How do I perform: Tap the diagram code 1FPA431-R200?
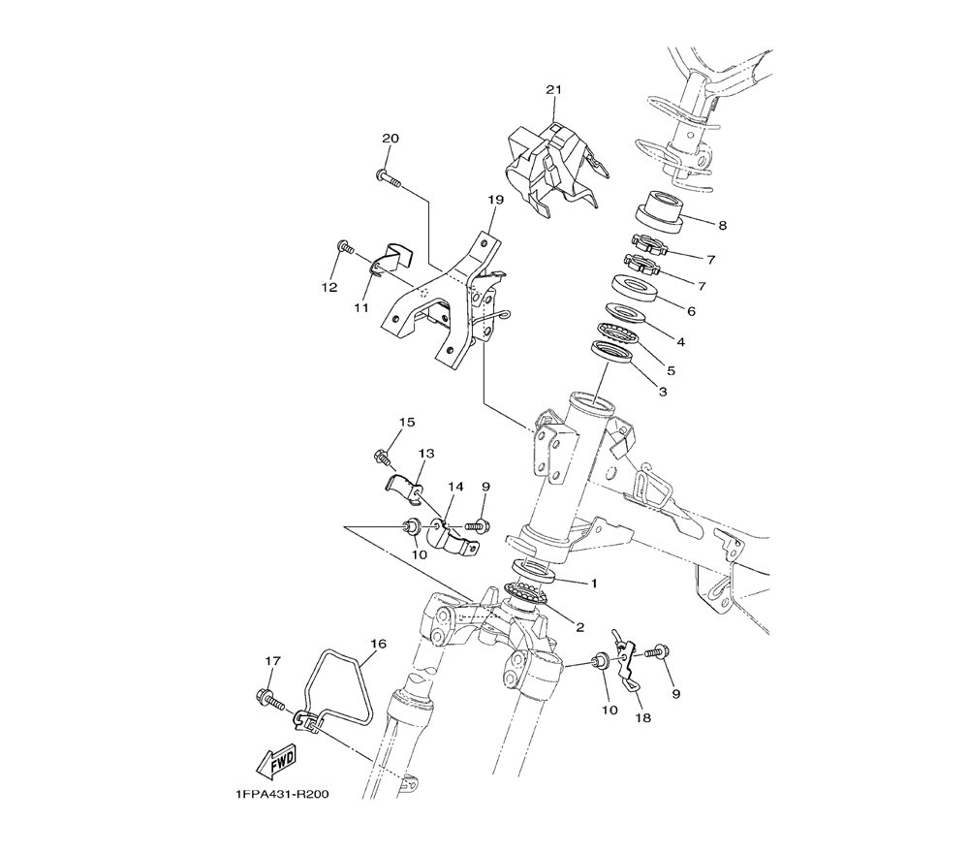[281, 794]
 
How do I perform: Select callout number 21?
[553, 89]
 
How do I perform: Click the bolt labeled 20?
[389, 178]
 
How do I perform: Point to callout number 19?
[495, 200]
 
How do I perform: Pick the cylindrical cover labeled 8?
[659, 213]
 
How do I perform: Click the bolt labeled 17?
[268, 700]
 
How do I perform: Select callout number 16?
[378, 644]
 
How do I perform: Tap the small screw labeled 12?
[346, 248]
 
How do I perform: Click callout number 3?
[663, 392]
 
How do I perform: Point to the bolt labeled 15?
[383, 459]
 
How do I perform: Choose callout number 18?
[643, 718]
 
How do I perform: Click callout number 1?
[595, 583]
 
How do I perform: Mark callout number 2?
[580, 627]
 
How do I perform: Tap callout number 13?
[426, 453]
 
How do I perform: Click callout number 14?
[455, 487]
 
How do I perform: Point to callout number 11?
[361, 307]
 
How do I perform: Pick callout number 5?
[671, 371]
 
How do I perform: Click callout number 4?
[680, 342]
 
